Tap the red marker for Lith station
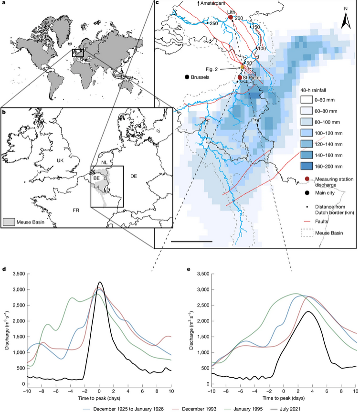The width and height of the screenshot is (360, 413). pos(231,17)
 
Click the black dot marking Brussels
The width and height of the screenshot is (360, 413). pos(187,77)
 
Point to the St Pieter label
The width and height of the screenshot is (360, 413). pos(252,77)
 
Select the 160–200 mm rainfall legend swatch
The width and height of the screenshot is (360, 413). pos(307,166)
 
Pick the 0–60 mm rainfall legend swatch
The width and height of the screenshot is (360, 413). pos(307,100)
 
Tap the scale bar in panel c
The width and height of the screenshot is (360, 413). pos(191,241)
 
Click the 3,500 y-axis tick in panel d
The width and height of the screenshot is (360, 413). pos(18,274)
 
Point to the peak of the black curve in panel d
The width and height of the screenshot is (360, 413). pos(99,282)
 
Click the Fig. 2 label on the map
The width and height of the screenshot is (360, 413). pos(222,69)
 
